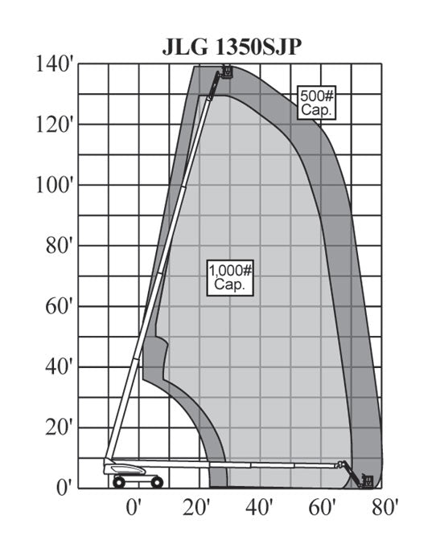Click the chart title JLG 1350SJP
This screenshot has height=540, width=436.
[232, 47]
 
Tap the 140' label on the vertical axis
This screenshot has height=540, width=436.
[55, 64]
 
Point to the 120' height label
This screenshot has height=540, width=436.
[55, 125]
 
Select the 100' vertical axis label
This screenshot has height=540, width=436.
[55, 186]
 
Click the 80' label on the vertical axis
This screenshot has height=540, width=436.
[60, 246]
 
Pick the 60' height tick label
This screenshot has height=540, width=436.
[60, 307]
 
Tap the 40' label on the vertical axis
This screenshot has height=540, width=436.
[60, 367]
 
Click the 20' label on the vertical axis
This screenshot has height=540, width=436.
[60, 428]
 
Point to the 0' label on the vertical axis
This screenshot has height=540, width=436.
[64, 488]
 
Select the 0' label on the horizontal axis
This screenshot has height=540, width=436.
[134, 508]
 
